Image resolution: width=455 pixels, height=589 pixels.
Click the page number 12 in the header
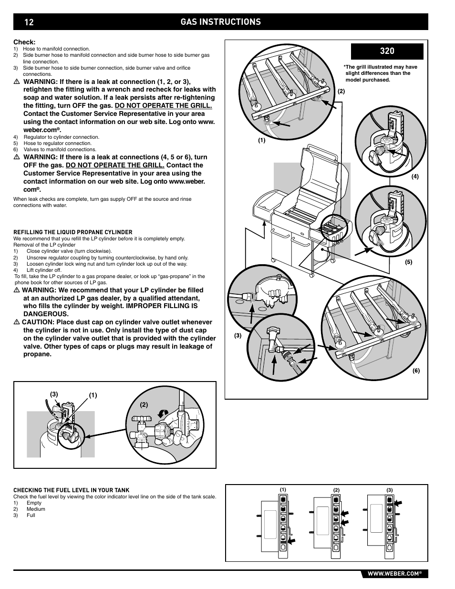click(x=29, y=22)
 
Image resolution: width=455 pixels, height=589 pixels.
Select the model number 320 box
click(x=387, y=51)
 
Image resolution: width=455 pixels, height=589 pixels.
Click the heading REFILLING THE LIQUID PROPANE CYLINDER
click(x=73, y=232)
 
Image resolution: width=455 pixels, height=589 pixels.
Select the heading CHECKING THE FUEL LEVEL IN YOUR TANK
click(x=71, y=490)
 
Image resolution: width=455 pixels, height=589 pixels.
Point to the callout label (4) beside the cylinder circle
click(x=415, y=176)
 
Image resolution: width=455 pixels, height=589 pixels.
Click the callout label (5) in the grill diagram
click(x=408, y=262)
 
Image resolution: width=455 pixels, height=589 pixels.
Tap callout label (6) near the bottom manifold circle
click(x=416, y=371)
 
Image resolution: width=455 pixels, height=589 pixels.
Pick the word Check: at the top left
click(x=24, y=42)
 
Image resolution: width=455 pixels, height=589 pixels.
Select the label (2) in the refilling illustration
click(x=144, y=404)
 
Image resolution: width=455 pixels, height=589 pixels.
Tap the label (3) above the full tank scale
click(x=389, y=490)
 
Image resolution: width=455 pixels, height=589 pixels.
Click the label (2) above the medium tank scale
click(x=336, y=490)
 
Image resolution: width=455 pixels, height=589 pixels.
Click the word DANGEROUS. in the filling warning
click(x=46, y=314)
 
